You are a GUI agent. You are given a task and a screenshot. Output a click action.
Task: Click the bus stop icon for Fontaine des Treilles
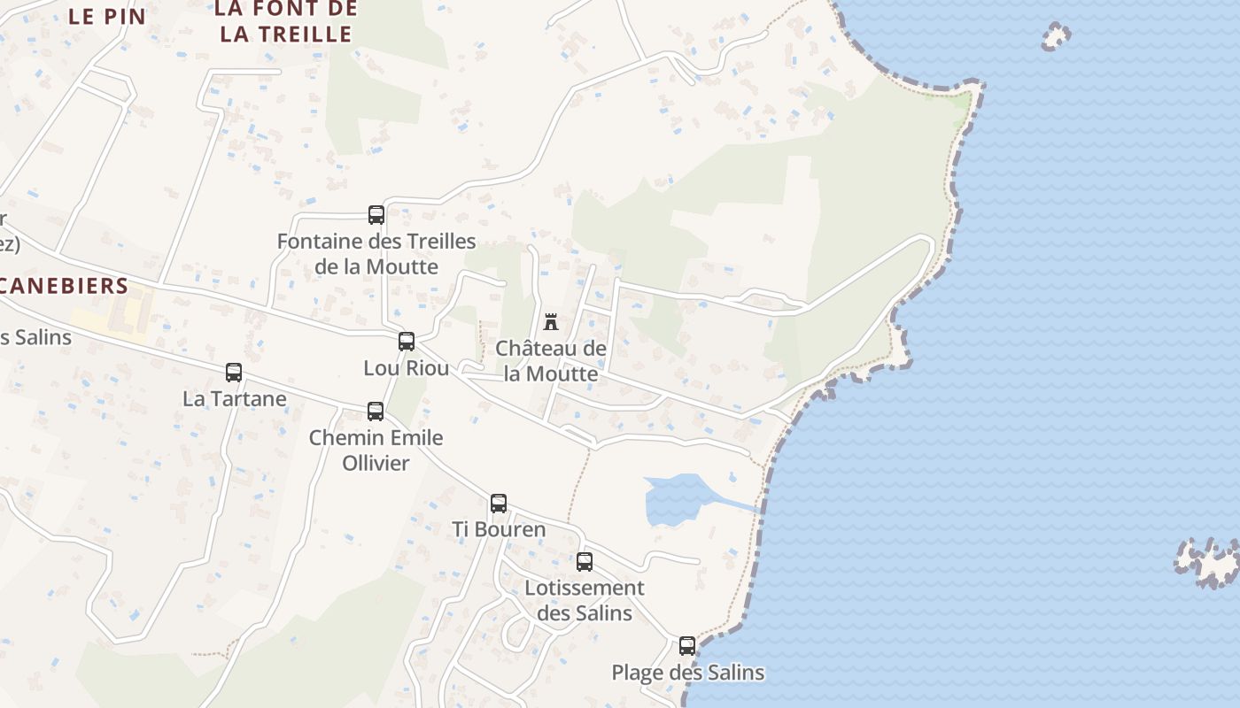[376, 215]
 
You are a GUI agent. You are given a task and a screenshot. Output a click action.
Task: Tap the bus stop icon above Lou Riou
[407, 342]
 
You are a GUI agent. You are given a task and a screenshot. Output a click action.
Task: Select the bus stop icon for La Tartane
[234, 373]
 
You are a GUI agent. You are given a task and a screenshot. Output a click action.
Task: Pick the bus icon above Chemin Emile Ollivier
[376, 412]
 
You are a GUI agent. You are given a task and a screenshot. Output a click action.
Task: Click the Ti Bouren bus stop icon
[499, 504]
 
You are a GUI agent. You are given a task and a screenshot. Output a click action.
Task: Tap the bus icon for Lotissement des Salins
[585, 562]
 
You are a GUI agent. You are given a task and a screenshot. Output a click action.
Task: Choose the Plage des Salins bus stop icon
[687, 646]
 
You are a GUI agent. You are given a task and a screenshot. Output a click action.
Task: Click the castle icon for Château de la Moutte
[551, 321]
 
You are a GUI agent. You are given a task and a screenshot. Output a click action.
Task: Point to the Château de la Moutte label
[551, 361]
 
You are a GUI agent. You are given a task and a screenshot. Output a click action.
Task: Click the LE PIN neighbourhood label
[106, 15]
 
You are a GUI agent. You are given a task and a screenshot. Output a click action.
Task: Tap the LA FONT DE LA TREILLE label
[286, 21]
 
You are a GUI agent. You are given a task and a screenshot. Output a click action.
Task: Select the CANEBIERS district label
[64, 286]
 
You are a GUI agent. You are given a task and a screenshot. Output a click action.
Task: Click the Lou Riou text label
[407, 367]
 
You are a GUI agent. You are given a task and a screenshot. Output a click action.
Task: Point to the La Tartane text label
[235, 398]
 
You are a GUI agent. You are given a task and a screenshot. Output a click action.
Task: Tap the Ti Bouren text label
[499, 529]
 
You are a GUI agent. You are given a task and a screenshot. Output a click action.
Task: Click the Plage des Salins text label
[688, 673]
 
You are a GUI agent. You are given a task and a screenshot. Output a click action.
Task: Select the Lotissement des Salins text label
[585, 600]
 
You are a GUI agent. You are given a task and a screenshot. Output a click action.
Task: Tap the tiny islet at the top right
[1056, 37]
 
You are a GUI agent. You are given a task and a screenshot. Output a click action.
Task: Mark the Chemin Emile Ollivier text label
[376, 450]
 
